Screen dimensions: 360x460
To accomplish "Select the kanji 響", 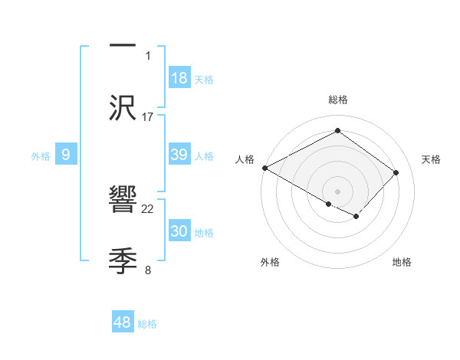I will tap(123, 200).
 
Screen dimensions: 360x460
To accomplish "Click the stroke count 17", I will tap(148, 116).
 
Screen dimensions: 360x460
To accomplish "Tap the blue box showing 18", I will tap(179, 78).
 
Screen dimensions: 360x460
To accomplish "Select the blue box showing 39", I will tap(179, 155).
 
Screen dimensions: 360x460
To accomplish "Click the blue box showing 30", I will tap(179, 231).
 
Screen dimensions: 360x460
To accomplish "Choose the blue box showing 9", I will tap(66, 155).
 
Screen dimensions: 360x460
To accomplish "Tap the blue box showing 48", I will tap(123, 322).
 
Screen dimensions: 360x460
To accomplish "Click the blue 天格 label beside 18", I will tap(204, 80).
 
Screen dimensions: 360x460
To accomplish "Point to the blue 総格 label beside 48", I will tap(147, 324).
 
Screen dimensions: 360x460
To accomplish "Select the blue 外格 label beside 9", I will tap(41, 156).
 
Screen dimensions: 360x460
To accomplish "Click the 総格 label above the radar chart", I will tap(337, 100).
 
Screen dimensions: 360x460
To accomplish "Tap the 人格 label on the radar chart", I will tap(245, 159).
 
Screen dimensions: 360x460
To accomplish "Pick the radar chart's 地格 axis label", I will tap(402, 263).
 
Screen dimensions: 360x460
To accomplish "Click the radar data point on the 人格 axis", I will tap(264, 168).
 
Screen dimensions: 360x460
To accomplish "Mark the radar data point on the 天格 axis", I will tap(396, 172).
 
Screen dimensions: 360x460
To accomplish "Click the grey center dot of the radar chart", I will tap(337, 191).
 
